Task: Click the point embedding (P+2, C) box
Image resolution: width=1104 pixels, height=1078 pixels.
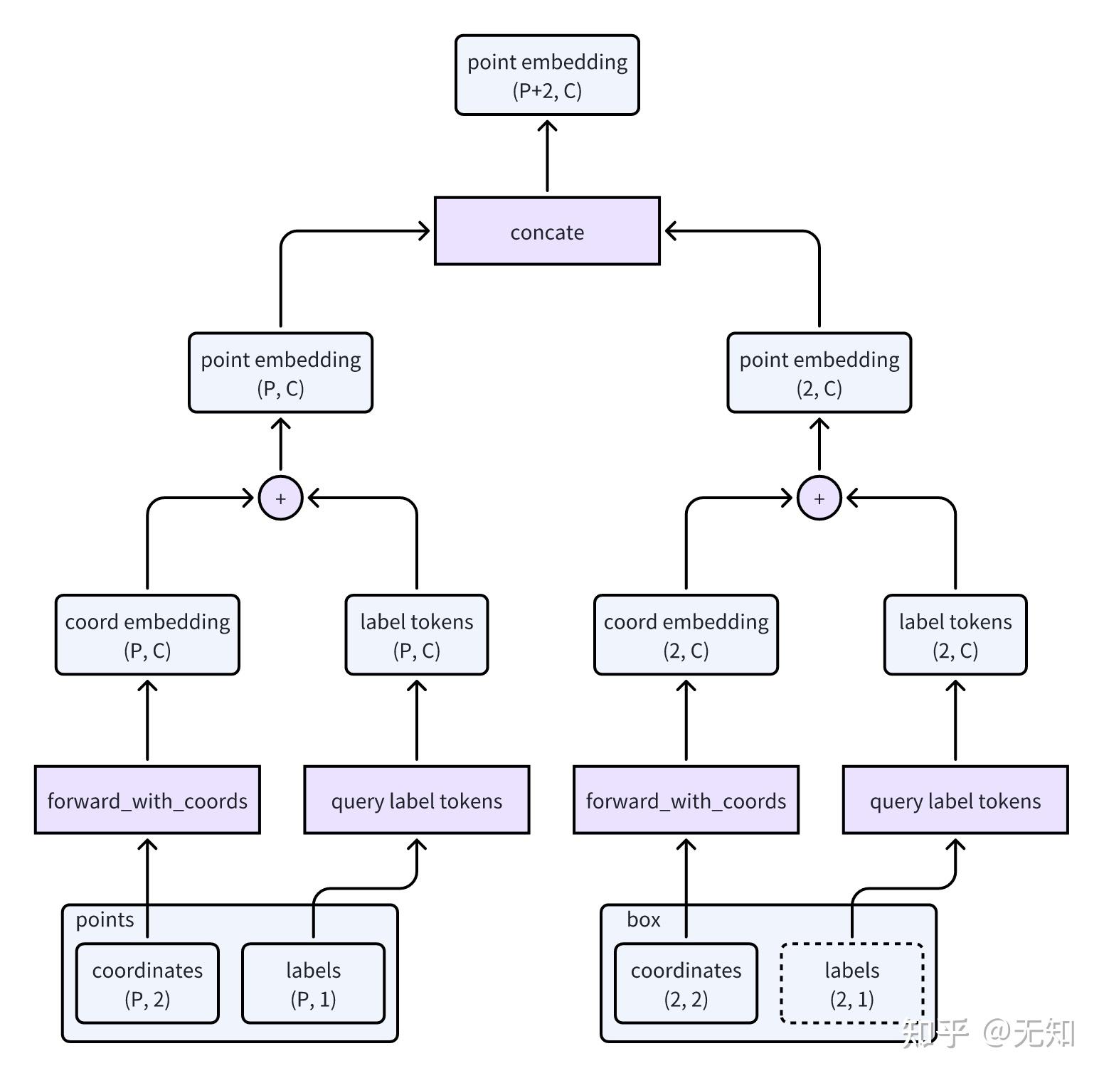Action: coord(547,75)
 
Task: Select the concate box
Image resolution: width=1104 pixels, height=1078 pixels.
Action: coord(547,232)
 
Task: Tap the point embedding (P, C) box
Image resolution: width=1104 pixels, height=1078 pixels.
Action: coord(280,373)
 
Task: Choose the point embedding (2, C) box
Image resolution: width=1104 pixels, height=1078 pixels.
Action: coord(819,373)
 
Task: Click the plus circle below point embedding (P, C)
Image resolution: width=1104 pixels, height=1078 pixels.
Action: coord(280,498)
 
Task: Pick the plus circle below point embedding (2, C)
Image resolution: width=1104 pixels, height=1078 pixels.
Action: coord(819,498)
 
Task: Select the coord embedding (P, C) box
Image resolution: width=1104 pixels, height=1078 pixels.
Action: coord(147,635)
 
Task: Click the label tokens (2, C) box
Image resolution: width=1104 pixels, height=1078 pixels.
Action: coord(955,635)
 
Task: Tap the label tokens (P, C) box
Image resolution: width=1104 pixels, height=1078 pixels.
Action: coord(416,635)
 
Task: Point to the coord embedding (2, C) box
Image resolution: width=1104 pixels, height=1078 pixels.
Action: coord(686,635)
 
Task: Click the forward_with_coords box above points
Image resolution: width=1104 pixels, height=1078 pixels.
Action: coord(147,801)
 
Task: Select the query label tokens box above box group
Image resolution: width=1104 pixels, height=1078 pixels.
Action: coord(955,801)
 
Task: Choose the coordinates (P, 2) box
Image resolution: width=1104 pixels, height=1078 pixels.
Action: coord(147,984)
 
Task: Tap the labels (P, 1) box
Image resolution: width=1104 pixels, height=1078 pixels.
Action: coord(313,984)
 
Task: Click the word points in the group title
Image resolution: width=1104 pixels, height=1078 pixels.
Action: coord(105,920)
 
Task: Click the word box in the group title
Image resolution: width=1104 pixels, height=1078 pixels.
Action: coord(643,920)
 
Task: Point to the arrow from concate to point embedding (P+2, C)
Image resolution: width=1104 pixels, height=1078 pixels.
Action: coord(547,156)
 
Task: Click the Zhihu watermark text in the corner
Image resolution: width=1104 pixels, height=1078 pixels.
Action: coord(989,1033)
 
